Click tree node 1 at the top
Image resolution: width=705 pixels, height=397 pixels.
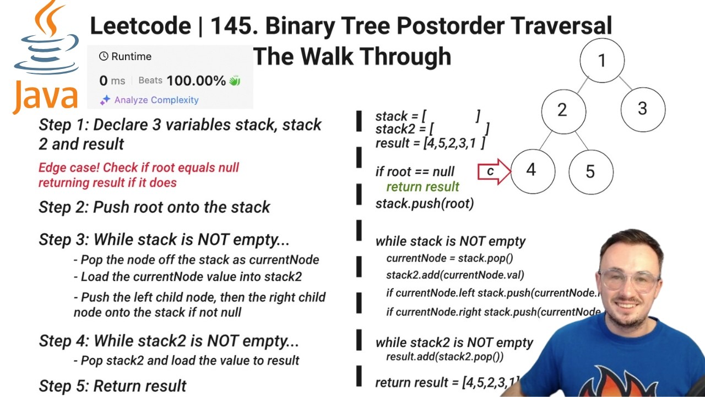[602, 60]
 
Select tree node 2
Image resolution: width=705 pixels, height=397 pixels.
[563, 110]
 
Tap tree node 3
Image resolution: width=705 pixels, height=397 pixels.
[642, 109]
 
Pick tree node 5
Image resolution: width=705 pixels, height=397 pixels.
[590, 171]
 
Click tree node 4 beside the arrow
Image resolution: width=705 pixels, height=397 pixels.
[532, 170]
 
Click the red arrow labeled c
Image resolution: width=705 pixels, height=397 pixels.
[493, 171]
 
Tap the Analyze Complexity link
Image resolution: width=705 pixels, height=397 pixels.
[156, 100]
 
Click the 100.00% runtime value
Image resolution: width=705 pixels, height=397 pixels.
[196, 81]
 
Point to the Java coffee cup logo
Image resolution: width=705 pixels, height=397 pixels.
[46, 41]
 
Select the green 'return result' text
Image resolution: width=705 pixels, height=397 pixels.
[422, 187]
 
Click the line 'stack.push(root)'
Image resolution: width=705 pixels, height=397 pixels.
[425, 203]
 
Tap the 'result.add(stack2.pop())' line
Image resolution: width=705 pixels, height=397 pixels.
[444, 357]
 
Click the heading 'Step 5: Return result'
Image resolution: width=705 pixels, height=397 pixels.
[112, 385]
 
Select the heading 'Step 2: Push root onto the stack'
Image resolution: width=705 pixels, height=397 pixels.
[154, 207]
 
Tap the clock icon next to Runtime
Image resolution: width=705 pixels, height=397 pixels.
[104, 56]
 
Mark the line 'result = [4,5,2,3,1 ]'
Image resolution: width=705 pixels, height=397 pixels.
[430, 143]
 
